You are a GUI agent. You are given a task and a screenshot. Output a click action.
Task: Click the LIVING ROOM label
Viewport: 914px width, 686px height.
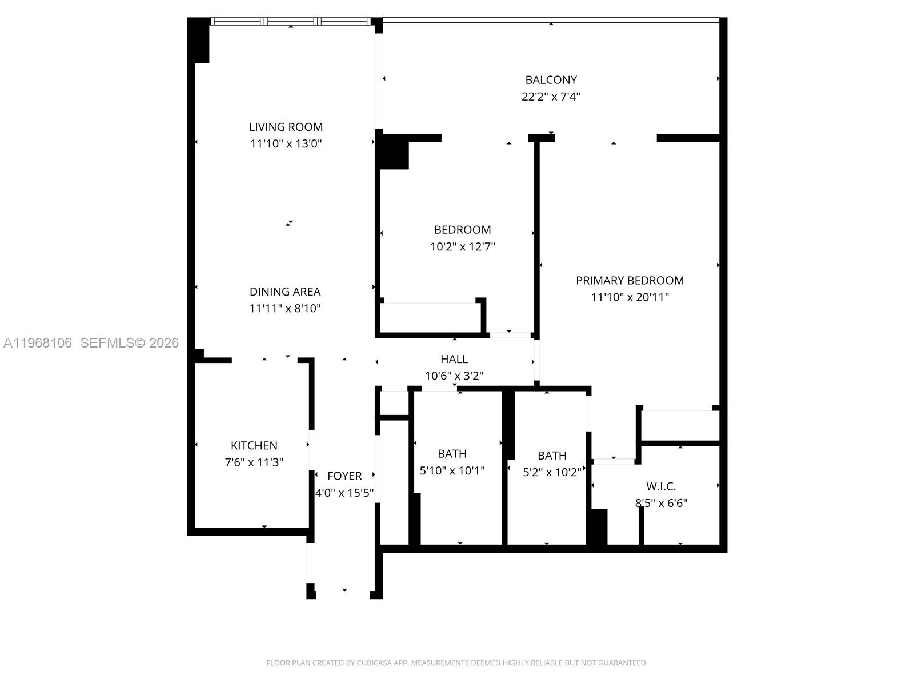tap(286, 127)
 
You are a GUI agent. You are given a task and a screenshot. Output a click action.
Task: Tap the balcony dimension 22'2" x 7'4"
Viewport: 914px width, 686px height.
tap(551, 97)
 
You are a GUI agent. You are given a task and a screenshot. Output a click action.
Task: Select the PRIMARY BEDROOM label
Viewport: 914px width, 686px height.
tap(630, 281)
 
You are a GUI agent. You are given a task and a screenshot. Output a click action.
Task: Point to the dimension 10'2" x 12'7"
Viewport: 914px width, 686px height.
tap(462, 247)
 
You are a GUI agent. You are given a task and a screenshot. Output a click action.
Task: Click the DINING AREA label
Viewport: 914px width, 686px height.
tap(285, 292)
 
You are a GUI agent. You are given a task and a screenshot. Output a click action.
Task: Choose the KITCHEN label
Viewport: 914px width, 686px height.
tap(254, 445)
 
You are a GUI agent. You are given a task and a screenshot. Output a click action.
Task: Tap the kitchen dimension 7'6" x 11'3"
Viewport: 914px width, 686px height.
tap(254, 462)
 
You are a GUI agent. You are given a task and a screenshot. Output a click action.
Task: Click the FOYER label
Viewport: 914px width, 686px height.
tap(344, 476)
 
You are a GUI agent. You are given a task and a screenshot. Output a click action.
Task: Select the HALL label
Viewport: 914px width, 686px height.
tap(454, 359)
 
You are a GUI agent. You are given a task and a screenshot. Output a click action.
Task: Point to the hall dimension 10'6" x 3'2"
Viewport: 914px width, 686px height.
tap(454, 376)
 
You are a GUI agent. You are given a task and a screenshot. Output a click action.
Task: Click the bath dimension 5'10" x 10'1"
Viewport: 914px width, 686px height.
tap(452, 471)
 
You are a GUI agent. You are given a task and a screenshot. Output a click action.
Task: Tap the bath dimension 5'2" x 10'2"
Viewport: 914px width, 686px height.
tap(552, 473)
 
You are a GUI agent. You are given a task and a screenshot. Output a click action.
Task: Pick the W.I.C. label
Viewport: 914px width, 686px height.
tap(661, 486)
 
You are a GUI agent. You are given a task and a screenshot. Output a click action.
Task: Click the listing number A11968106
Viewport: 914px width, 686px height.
tap(38, 343)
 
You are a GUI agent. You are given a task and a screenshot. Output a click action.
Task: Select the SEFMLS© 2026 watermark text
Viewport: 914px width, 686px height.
tap(130, 343)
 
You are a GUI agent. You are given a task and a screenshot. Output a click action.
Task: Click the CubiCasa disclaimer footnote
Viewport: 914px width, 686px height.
tap(456, 663)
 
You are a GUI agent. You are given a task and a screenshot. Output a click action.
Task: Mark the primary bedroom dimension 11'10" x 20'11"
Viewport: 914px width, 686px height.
tap(630, 297)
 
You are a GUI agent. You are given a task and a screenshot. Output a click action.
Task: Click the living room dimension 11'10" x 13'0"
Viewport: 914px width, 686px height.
tap(286, 144)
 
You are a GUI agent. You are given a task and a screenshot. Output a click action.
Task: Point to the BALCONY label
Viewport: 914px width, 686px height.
tap(551, 80)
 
